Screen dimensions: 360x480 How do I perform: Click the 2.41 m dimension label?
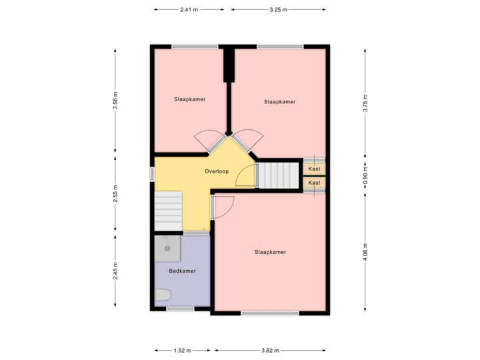pyautogui.click(x=189, y=10)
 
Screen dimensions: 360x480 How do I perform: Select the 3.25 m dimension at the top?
pyautogui.click(x=279, y=10)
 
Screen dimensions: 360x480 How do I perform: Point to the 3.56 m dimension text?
pyautogui.click(x=115, y=101)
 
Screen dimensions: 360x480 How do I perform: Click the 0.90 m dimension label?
pyautogui.click(x=365, y=175)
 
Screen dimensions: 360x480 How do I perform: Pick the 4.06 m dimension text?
pyautogui.click(x=365, y=253)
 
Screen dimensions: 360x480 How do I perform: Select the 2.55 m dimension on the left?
pyautogui.click(x=115, y=193)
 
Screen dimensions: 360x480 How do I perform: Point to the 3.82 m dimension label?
pyautogui.click(x=270, y=350)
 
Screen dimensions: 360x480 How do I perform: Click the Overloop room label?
pyautogui.click(x=217, y=171)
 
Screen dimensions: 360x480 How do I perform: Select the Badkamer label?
pyautogui.click(x=181, y=271)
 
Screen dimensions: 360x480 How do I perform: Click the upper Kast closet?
pyautogui.click(x=315, y=169)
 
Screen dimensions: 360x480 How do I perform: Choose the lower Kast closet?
pyautogui.click(x=315, y=183)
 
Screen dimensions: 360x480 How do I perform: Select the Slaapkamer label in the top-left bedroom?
pyautogui.click(x=189, y=99)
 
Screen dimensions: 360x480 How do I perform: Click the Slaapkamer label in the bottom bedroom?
pyautogui.click(x=270, y=252)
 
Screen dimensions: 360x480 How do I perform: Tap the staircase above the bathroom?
pyautogui.click(x=168, y=209)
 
